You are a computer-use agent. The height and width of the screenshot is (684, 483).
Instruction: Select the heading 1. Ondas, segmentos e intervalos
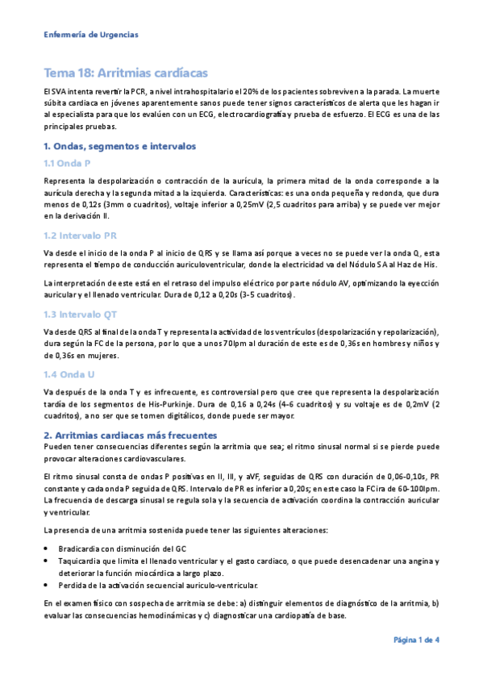(119, 146)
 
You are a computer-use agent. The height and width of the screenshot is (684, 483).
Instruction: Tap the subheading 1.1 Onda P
(66, 164)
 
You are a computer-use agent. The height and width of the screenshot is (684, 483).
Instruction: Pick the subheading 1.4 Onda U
(66, 374)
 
